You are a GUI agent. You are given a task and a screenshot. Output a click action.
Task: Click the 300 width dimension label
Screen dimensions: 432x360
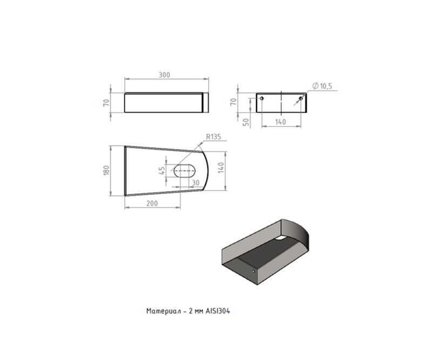[x=164, y=75]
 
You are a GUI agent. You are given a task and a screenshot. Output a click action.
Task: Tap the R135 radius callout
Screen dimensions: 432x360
[x=213, y=137]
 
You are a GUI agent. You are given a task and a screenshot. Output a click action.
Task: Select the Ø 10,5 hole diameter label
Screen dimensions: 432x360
[x=322, y=86]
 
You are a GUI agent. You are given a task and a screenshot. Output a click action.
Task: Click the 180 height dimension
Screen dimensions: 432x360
[x=106, y=171]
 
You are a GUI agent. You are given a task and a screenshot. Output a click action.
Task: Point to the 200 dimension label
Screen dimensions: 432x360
[x=152, y=203]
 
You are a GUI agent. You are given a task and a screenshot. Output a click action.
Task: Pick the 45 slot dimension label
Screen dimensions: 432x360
[x=162, y=171]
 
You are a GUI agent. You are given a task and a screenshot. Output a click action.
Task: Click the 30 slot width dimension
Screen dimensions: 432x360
[x=195, y=182]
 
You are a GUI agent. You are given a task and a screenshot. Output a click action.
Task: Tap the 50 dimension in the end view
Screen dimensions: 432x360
[x=247, y=122]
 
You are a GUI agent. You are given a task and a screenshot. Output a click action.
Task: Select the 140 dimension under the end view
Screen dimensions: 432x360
[x=280, y=122]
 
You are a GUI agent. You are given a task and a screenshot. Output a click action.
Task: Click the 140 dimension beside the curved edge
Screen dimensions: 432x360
[x=221, y=168]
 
